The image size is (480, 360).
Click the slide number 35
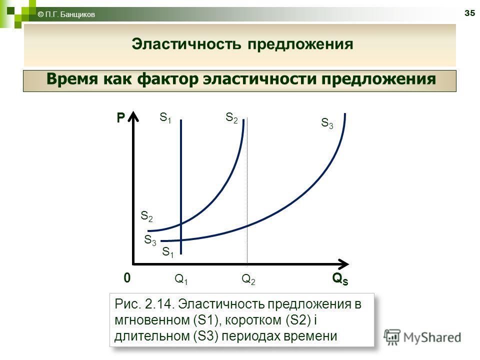(469, 13)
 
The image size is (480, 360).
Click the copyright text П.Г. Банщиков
(70, 14)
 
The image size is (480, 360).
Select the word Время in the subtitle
(73, 79)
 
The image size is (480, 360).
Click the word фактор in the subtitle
(168, 79)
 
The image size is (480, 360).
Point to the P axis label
(121, 118)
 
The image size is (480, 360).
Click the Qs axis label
(340, 278)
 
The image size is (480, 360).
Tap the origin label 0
(127, 277)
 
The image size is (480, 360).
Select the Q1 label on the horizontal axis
(181, 279)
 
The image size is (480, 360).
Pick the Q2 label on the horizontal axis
(248, 279)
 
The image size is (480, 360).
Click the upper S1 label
(165, 117)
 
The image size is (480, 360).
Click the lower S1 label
(168, 252)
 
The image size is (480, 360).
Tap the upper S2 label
(231, 117)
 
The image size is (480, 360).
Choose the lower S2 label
(146, 216)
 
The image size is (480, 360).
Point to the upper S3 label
(327, 123)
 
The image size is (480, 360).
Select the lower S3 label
(150, 240)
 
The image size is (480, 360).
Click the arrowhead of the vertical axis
(133, 116)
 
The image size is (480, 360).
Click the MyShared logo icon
(392, 337)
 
